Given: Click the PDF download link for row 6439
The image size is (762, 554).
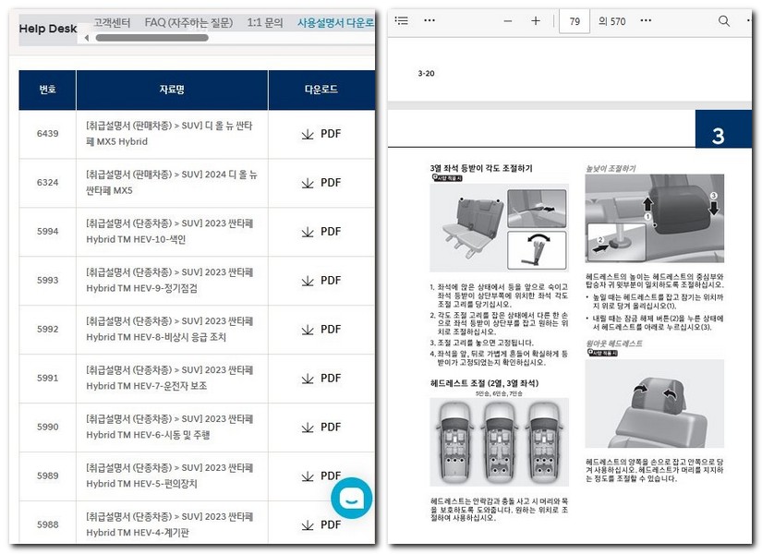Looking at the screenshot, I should coord(321,134).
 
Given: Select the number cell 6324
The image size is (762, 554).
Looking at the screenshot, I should coord(47,183).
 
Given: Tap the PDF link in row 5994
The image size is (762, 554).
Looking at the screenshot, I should coord(321,232).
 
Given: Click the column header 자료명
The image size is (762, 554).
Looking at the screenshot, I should coord(172,90).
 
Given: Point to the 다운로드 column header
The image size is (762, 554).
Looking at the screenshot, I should coord(321,90).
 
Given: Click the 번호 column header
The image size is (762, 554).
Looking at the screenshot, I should coord(47,90).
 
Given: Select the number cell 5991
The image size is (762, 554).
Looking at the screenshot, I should coord(47,379).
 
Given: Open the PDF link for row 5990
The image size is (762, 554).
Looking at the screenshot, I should coord(321,428).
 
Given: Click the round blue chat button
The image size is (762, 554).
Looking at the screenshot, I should coord(352,498).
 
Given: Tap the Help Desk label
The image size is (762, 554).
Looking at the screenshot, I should coord(48,29).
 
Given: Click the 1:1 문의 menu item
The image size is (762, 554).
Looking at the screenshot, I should coord(265,22).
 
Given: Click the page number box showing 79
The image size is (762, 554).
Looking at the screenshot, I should coord(575,21).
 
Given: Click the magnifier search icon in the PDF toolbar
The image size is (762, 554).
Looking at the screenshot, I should coord(724,21).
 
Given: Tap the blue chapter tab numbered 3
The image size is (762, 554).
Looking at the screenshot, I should coord(718,136).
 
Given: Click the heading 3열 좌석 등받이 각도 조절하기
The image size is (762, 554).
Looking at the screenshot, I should coord(480,168).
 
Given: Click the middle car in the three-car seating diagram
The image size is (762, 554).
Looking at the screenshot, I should coord(499,442).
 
